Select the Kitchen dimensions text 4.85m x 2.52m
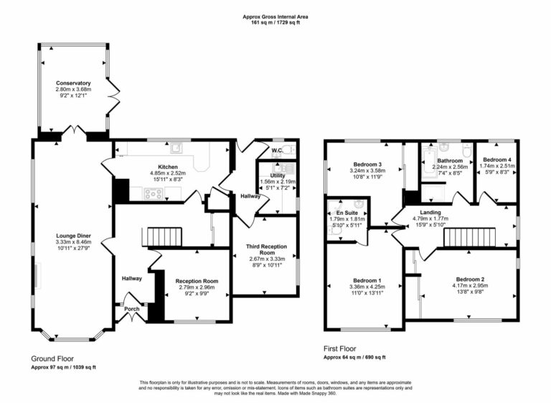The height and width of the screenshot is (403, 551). coord(169,173)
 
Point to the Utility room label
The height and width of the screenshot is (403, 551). coord(278,175)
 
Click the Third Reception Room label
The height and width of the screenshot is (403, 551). coord(267,248)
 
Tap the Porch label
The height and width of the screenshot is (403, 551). coord(132,310)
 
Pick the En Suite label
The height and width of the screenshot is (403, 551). coord(347,213)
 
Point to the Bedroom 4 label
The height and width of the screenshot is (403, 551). coord(497,159)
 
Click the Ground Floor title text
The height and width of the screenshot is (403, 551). coord(52,358)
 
